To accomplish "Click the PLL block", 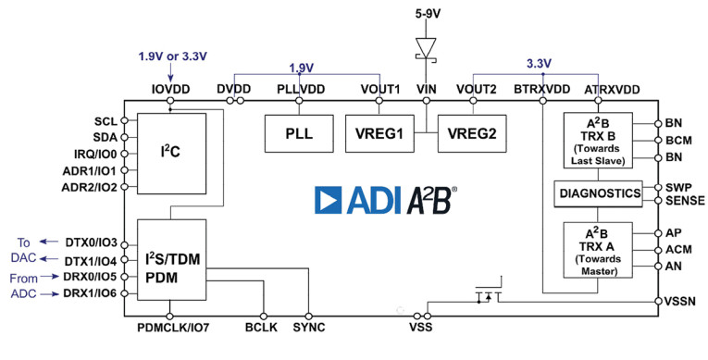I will click(298, 133).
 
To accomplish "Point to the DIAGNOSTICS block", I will click(598, 193).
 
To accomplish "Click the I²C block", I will click(169, 154).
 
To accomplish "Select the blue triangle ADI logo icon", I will click(330, 201).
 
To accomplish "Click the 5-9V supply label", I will click(426, 14).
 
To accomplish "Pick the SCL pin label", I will click(106, 121).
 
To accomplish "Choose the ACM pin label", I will click(679, 249).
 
